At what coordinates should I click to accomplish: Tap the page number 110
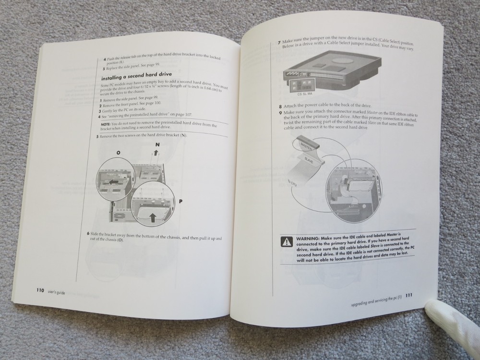(x=40, y=290)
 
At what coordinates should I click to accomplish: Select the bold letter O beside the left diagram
(x=118, y=152)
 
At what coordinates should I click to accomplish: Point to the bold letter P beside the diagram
(x=181, y=202)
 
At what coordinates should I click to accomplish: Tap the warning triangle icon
(x=287, y=241)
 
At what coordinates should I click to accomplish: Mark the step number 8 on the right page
(x=280, y=107)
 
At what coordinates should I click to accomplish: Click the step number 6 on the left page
(x=88, y=234)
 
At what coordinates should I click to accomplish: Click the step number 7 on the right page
(x=279, y=43)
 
